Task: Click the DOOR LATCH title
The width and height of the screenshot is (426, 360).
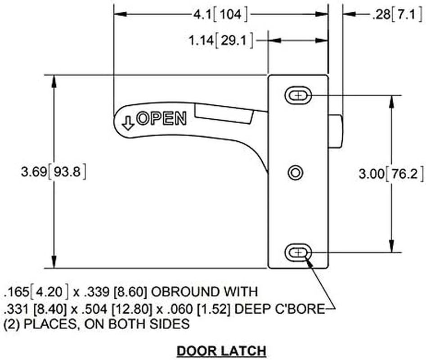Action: (221, 350)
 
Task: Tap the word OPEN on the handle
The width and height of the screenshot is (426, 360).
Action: (161, 118)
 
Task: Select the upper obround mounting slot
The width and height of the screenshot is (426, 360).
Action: (298, 95)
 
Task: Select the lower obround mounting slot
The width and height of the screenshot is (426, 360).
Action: (298, 252)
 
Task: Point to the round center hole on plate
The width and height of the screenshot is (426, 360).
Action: (296, 172)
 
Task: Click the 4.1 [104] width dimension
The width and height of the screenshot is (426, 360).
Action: (220, 15)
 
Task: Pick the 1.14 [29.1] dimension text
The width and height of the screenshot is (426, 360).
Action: (220, 41)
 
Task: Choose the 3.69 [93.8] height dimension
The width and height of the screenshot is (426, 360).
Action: (54, 172)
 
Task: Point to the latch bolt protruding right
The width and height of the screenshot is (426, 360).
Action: (336, 132)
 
